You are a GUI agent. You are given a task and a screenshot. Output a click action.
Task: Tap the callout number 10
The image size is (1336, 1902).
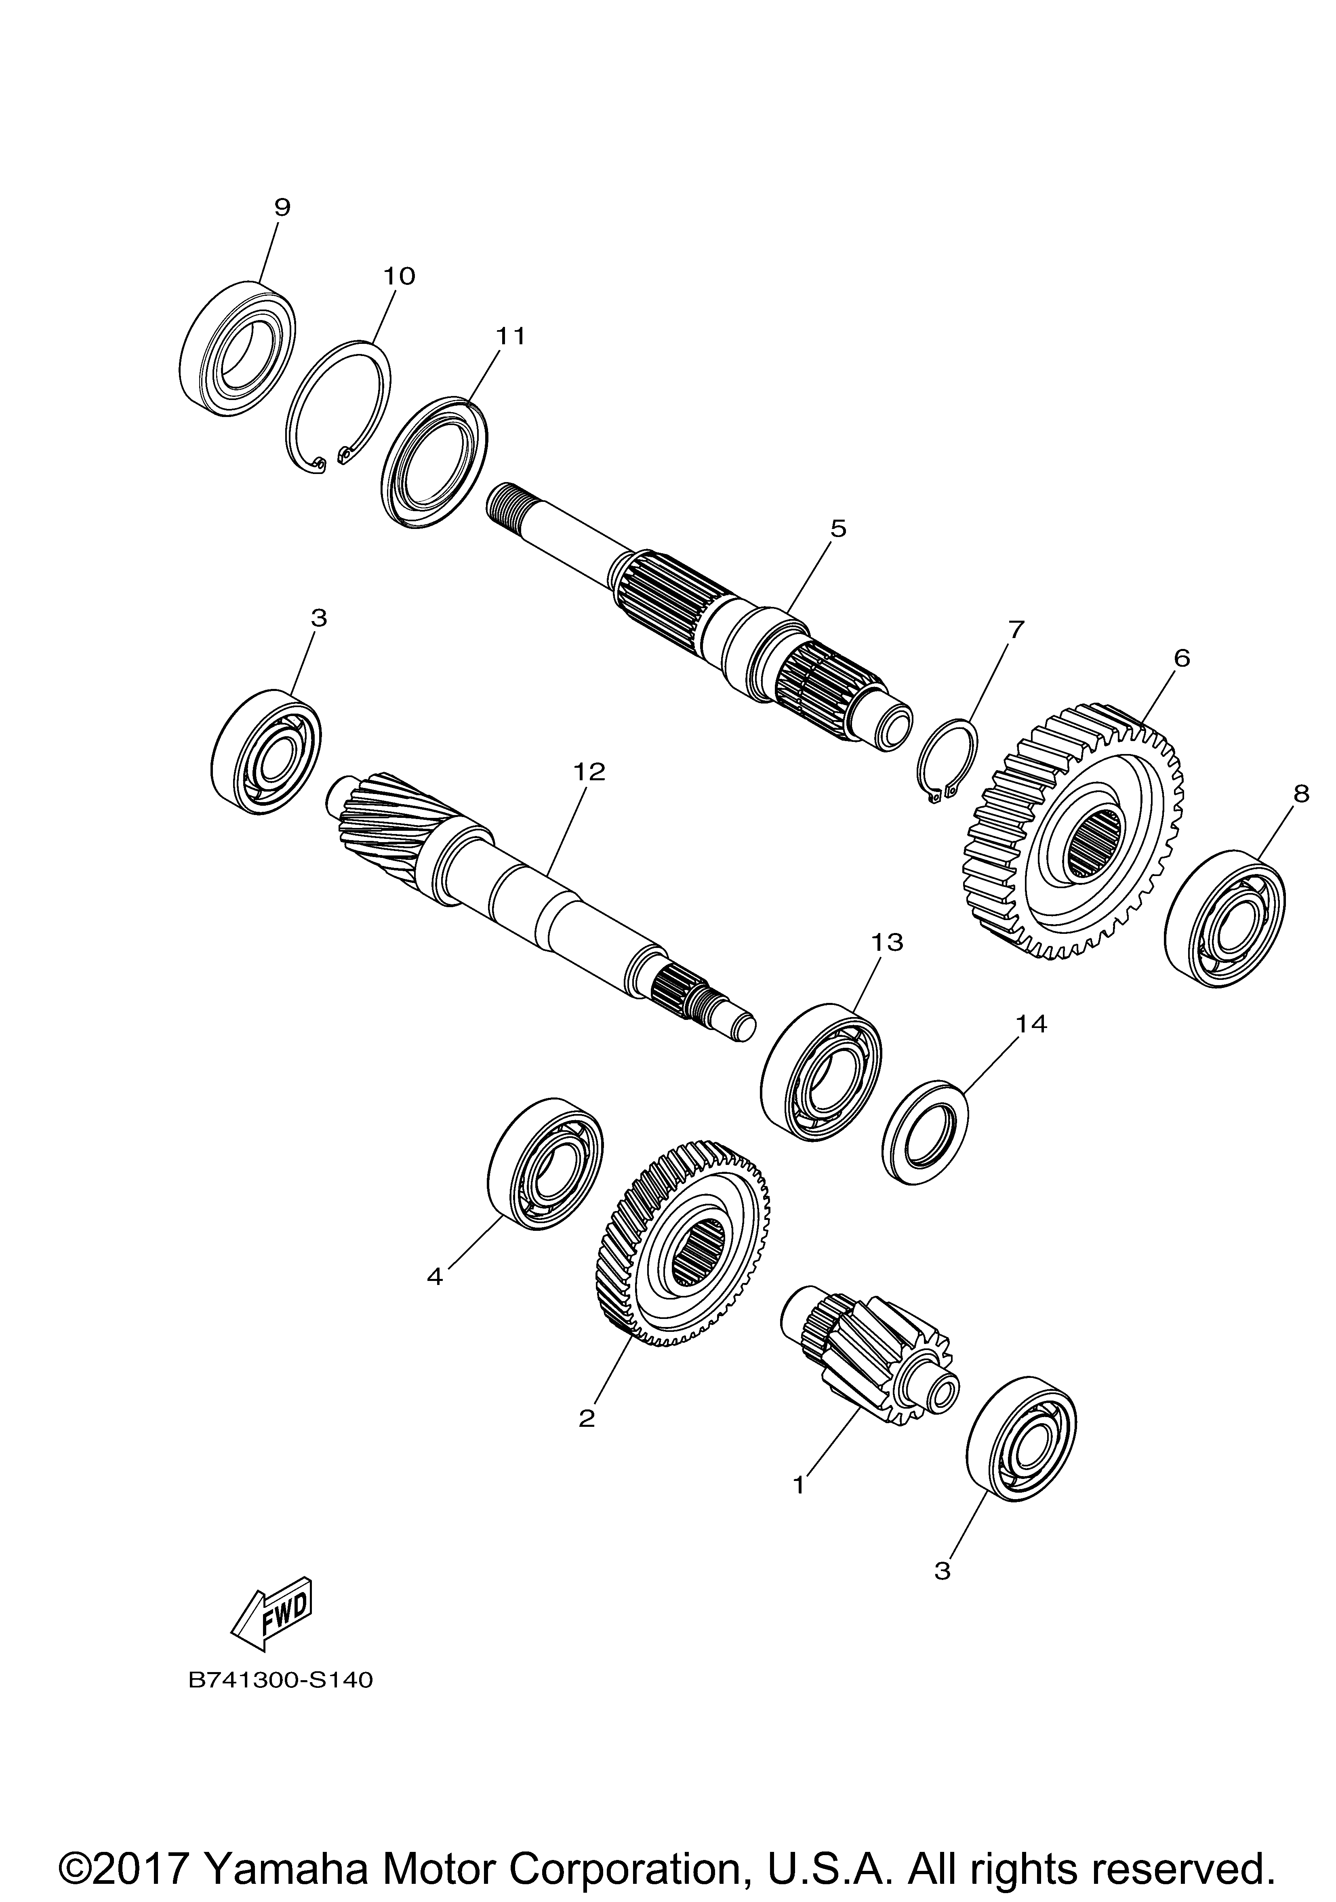pos(398,276)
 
